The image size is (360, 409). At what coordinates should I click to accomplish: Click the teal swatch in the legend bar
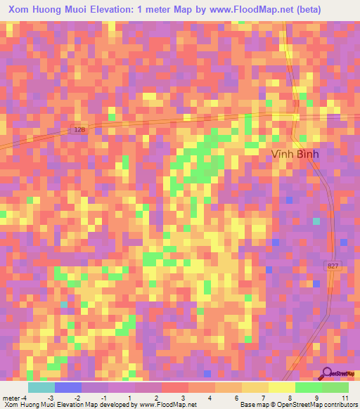click(x=41, y=387)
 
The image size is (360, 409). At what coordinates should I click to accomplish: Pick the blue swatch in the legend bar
click(x=67, y=387)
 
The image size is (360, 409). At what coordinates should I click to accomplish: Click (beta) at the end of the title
click(x=333, y=9)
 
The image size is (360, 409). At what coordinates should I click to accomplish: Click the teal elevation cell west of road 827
click(x=316, y=221)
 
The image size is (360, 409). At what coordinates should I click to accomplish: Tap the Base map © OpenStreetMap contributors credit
click(x=297, y=405)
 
